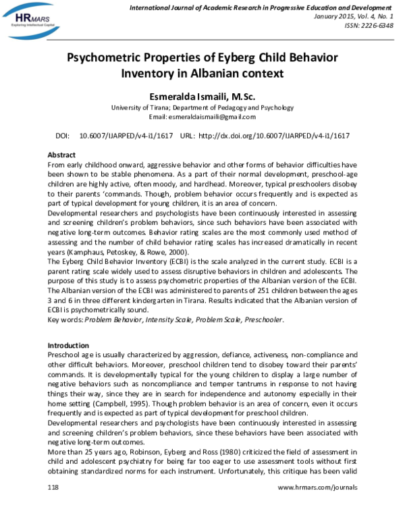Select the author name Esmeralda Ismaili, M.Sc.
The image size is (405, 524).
(202, 96)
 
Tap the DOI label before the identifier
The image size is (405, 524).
(63, 136)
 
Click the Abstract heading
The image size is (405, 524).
(61, 155)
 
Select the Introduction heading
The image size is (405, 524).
(68, 345)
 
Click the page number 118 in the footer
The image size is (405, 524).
(53, 487)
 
